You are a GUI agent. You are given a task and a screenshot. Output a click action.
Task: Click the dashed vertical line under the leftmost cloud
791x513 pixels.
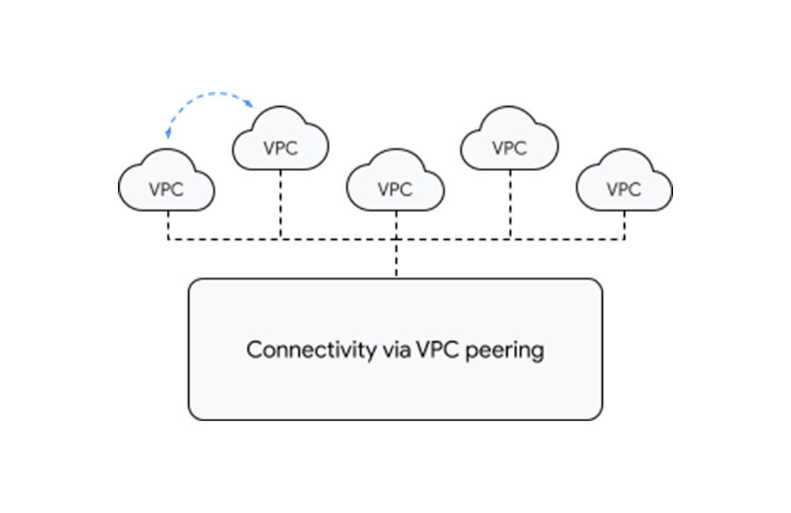point(167,224)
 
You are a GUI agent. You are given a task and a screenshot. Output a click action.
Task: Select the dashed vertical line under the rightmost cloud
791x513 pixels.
point(625,224)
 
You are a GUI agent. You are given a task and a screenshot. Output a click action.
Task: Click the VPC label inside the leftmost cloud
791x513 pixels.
point(166,190)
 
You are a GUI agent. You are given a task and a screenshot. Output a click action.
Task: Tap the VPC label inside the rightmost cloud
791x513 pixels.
point(624,190)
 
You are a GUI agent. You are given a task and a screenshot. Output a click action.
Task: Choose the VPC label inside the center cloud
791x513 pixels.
point(395,190)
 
